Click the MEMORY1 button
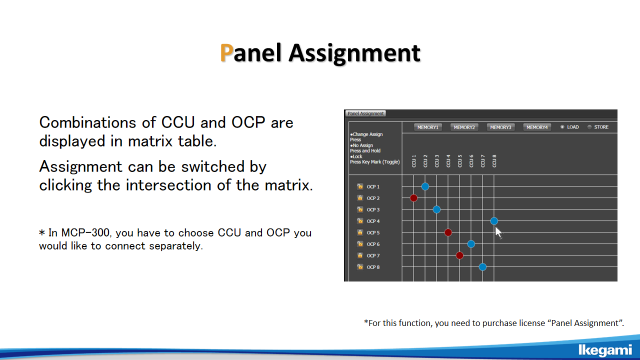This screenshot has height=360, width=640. [x=427, y=127]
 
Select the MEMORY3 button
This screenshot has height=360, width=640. [x=500, y=127]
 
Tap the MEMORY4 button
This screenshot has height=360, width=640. [x=537, y=127]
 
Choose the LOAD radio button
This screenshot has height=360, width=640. [x=562, y=127]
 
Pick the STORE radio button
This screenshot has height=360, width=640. [x=589, y=127]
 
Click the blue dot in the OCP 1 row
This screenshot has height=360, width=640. [x=425, y=186]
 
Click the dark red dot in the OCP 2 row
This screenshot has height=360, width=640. [x=413, y=198]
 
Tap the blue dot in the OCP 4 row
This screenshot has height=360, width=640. [x=494, y=221]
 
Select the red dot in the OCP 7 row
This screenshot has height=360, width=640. [x=459, y=255]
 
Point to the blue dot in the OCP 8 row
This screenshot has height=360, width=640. [x=482, y=267]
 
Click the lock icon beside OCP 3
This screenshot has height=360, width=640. [x=360, y=209]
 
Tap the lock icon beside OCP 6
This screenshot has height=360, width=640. [x=360, y=244]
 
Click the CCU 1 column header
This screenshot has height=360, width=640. [x=413, y=161]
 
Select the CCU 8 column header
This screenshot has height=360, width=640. [x=494, y=161]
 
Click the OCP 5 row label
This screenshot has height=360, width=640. [x=373, y=232]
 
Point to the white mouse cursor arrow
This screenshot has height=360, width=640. [x=498, y=232]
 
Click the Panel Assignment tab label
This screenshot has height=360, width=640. [x=365, y=113]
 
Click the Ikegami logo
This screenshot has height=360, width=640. [x=605, y=350]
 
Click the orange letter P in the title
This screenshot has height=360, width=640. [x=226, y=52]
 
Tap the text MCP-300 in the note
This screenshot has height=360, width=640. [x=85, y=232]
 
